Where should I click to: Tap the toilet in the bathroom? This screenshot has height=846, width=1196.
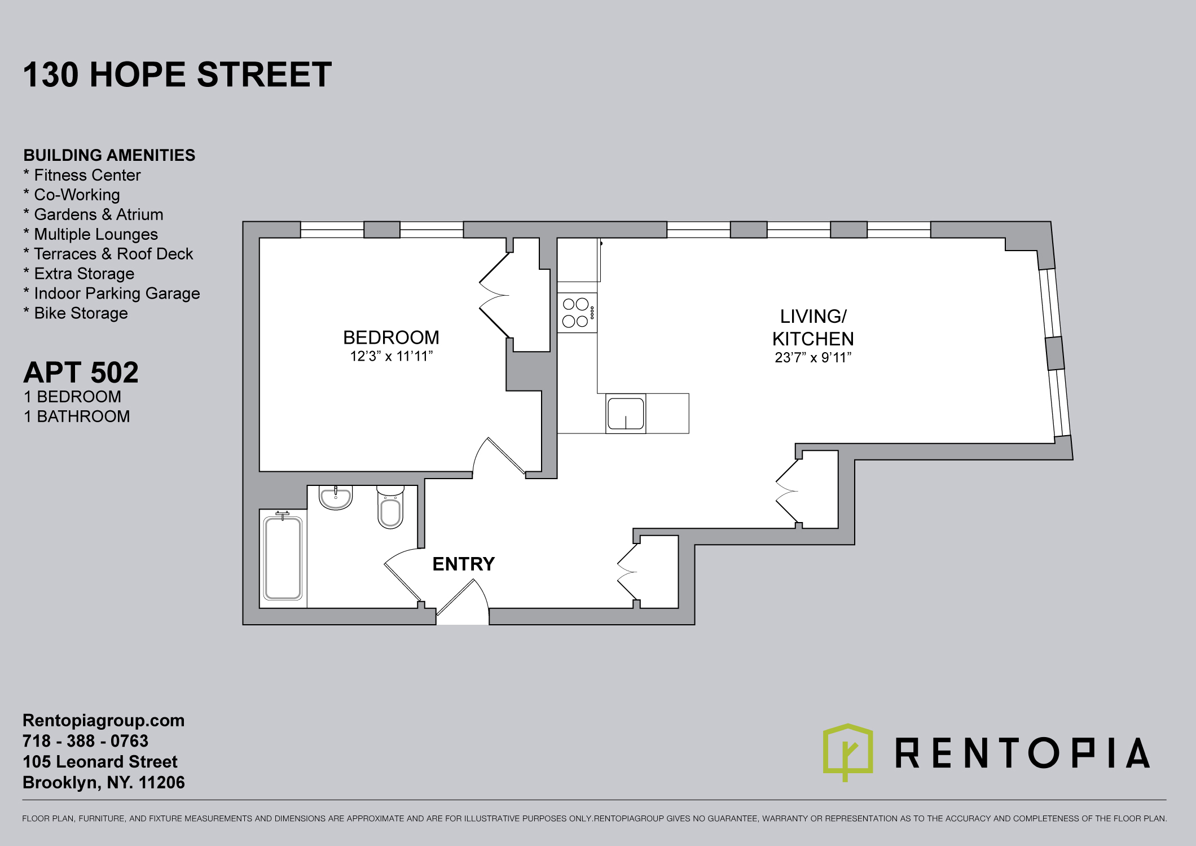pos(390,507)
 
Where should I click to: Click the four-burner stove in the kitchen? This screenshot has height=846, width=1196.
pos(577,313)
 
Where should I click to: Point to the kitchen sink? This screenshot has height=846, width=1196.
pos(626,413)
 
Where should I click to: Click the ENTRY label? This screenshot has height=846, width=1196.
pos(464,564)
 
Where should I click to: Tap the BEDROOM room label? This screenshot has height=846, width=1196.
pos(391,337)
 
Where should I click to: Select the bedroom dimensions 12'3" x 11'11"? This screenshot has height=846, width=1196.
pos(392,356)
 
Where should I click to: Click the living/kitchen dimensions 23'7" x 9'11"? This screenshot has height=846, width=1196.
pos(813,357)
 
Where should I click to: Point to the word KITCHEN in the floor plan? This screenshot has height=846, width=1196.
pos(813,339)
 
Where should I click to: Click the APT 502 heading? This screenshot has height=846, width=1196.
pos(81,372)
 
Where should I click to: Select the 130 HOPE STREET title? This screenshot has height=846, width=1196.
pos(177,74)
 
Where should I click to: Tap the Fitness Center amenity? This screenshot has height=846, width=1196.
pos(82,175)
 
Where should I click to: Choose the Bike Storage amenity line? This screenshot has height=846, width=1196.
pos(76,313)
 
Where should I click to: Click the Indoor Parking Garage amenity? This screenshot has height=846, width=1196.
pos(112,293)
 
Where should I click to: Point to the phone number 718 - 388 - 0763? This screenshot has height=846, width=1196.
pos(85,741)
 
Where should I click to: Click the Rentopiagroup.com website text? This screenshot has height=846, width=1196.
pos(104,721)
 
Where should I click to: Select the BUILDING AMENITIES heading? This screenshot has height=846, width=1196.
pos(109,155)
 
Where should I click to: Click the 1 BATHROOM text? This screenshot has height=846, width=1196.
pos(77,417)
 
